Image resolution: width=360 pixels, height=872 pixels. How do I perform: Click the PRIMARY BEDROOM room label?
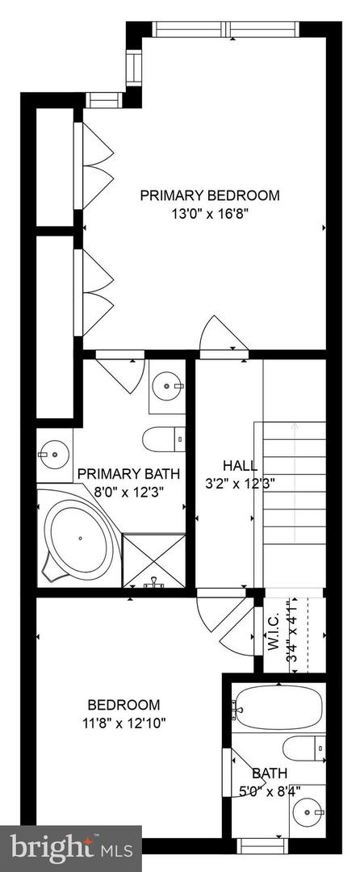coord(210,195)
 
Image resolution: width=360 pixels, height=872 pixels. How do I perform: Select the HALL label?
coord(241,466)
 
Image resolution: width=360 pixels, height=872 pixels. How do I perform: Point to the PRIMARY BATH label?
coord(129,474)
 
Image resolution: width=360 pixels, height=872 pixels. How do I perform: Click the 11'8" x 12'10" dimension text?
coord(124,723)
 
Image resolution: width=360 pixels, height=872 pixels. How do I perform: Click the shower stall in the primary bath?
coord(153,558)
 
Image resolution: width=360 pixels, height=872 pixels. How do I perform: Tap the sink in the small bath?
coord(306,809)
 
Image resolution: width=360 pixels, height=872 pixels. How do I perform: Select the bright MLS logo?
coord(71,848)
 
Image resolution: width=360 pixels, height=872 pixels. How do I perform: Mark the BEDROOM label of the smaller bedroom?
coord(124,705)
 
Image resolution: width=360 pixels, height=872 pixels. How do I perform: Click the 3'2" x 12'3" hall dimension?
coord(241,484)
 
